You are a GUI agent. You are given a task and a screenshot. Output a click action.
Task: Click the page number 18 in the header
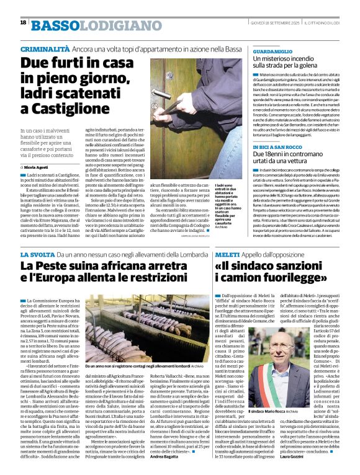(x=23, y=22)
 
